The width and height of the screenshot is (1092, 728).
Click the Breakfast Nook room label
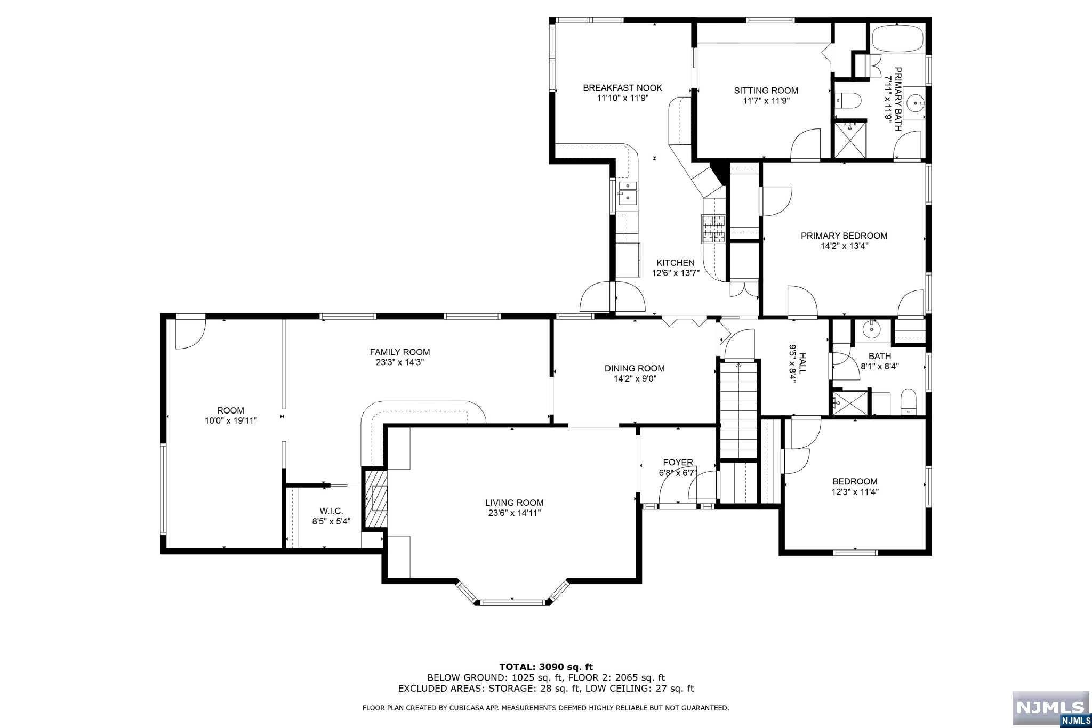click(622, 88)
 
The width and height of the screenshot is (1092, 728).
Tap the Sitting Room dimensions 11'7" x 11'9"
click(766, 100)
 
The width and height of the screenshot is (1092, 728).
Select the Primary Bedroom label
click(844, 236)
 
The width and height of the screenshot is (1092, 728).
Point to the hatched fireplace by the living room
click(375, 499)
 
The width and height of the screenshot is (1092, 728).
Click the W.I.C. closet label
click(331, 511)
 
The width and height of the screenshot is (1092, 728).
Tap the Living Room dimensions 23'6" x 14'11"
click(515, 513)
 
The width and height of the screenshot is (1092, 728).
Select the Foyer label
click(678, 463)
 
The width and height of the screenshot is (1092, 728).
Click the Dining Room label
click(635, 368)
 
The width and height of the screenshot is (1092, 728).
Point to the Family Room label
click(400, 352)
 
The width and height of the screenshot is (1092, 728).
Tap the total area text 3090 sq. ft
click(566, 667)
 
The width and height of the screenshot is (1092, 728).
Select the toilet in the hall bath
click(908, 402)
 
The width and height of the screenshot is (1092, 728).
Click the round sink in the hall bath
click(872, 329)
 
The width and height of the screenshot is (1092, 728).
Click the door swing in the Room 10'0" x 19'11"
click(190, 334)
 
